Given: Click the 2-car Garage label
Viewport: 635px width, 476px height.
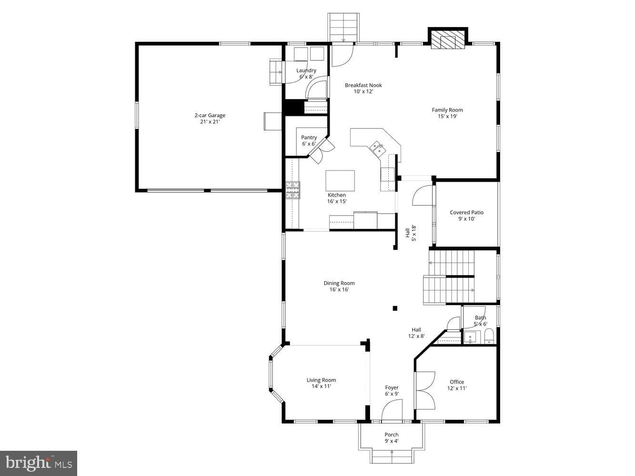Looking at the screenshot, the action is [210, 119].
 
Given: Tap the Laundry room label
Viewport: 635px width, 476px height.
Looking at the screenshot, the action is [306, 73].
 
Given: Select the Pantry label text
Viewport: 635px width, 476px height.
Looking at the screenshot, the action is [309, 140].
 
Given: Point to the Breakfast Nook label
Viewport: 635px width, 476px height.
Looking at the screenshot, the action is [363, 89].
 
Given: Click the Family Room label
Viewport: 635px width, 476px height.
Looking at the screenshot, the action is [447, 113].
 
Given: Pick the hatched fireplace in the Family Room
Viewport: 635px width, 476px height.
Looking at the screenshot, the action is [447, 40].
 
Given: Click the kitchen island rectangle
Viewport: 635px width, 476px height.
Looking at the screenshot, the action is [340, 180].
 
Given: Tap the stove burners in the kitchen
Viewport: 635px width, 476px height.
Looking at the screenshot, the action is [293, 190].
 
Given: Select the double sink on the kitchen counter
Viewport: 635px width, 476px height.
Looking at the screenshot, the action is [377, 149].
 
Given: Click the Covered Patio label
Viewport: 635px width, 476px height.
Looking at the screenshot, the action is [466, 216].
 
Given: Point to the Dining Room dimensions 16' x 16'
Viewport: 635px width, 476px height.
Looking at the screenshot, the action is [339, 289].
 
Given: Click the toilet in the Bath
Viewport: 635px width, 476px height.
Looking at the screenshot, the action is [489, 336].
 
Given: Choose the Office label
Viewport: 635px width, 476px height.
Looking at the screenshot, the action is [457, 385].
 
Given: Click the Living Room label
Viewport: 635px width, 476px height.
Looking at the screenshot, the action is [321, 383].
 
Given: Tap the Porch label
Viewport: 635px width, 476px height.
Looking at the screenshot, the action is [392, 437].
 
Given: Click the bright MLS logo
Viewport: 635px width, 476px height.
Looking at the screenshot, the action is [39, 463].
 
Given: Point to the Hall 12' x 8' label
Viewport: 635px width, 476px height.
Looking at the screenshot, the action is [416, 333].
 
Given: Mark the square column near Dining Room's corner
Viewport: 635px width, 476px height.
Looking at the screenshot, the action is [395, 308].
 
